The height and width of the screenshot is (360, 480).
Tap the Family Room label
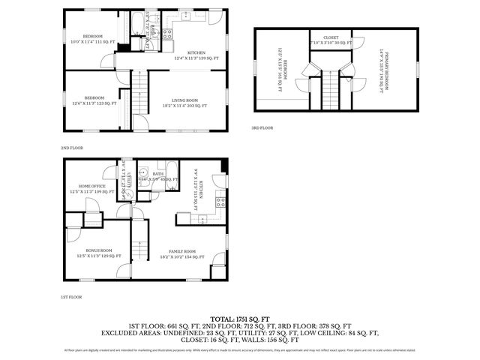click(182, 253)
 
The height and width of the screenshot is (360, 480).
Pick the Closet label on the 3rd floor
click(330, 39)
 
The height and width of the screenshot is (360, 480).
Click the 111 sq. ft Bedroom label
click(92, 39)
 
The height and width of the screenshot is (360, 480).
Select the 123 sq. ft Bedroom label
click(94, 100)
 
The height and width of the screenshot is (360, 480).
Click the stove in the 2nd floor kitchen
click(169, 33)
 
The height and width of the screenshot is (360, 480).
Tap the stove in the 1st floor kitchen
click(220, 201)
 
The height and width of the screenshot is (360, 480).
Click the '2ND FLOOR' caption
click(72, 148)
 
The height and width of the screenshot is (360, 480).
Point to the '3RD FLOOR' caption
click(262, 128)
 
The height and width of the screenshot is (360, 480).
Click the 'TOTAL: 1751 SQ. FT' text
click(239, 319)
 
